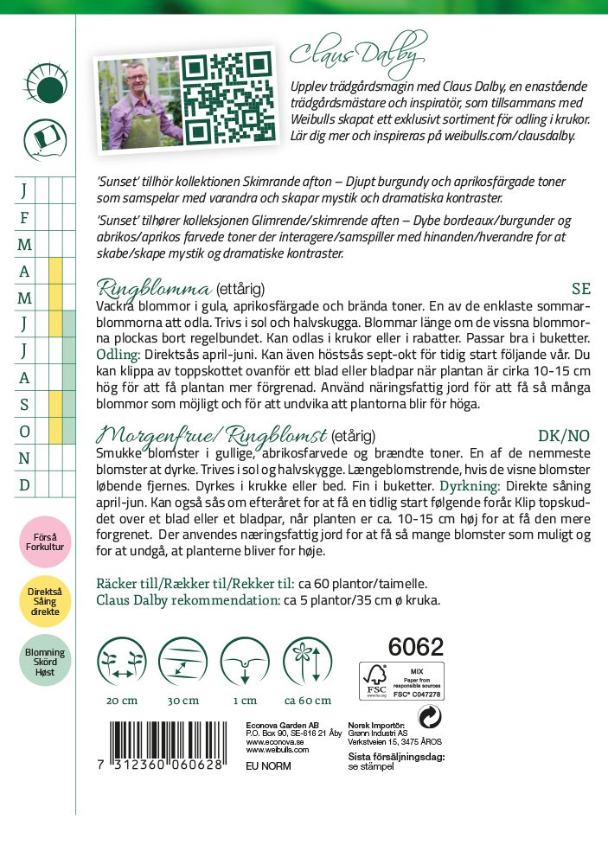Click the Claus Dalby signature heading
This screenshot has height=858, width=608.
[357, 54]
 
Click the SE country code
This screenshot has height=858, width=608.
[580, 289]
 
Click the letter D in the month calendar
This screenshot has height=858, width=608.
[24, 484]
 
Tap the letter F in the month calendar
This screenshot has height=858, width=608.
[24, 217]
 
